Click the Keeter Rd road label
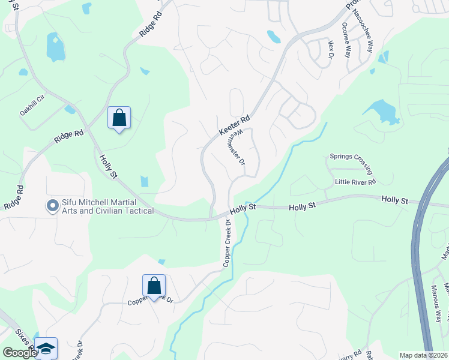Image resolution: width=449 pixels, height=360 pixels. [234, 125]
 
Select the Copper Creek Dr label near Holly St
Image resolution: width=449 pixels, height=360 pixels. [227, 243]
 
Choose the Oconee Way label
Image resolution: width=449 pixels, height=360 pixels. [346, 40]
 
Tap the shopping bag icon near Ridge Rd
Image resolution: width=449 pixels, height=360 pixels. [119, 118]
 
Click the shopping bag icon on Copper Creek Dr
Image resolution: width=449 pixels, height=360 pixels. [154, 286]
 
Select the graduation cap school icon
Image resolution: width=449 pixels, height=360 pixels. [46, 348]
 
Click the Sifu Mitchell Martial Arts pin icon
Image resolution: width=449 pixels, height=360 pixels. [52, 206]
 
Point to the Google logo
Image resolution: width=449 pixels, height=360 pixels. [20, 353]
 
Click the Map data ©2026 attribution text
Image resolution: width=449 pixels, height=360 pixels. [423, 355]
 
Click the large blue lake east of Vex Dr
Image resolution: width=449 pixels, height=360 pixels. [382, 112]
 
